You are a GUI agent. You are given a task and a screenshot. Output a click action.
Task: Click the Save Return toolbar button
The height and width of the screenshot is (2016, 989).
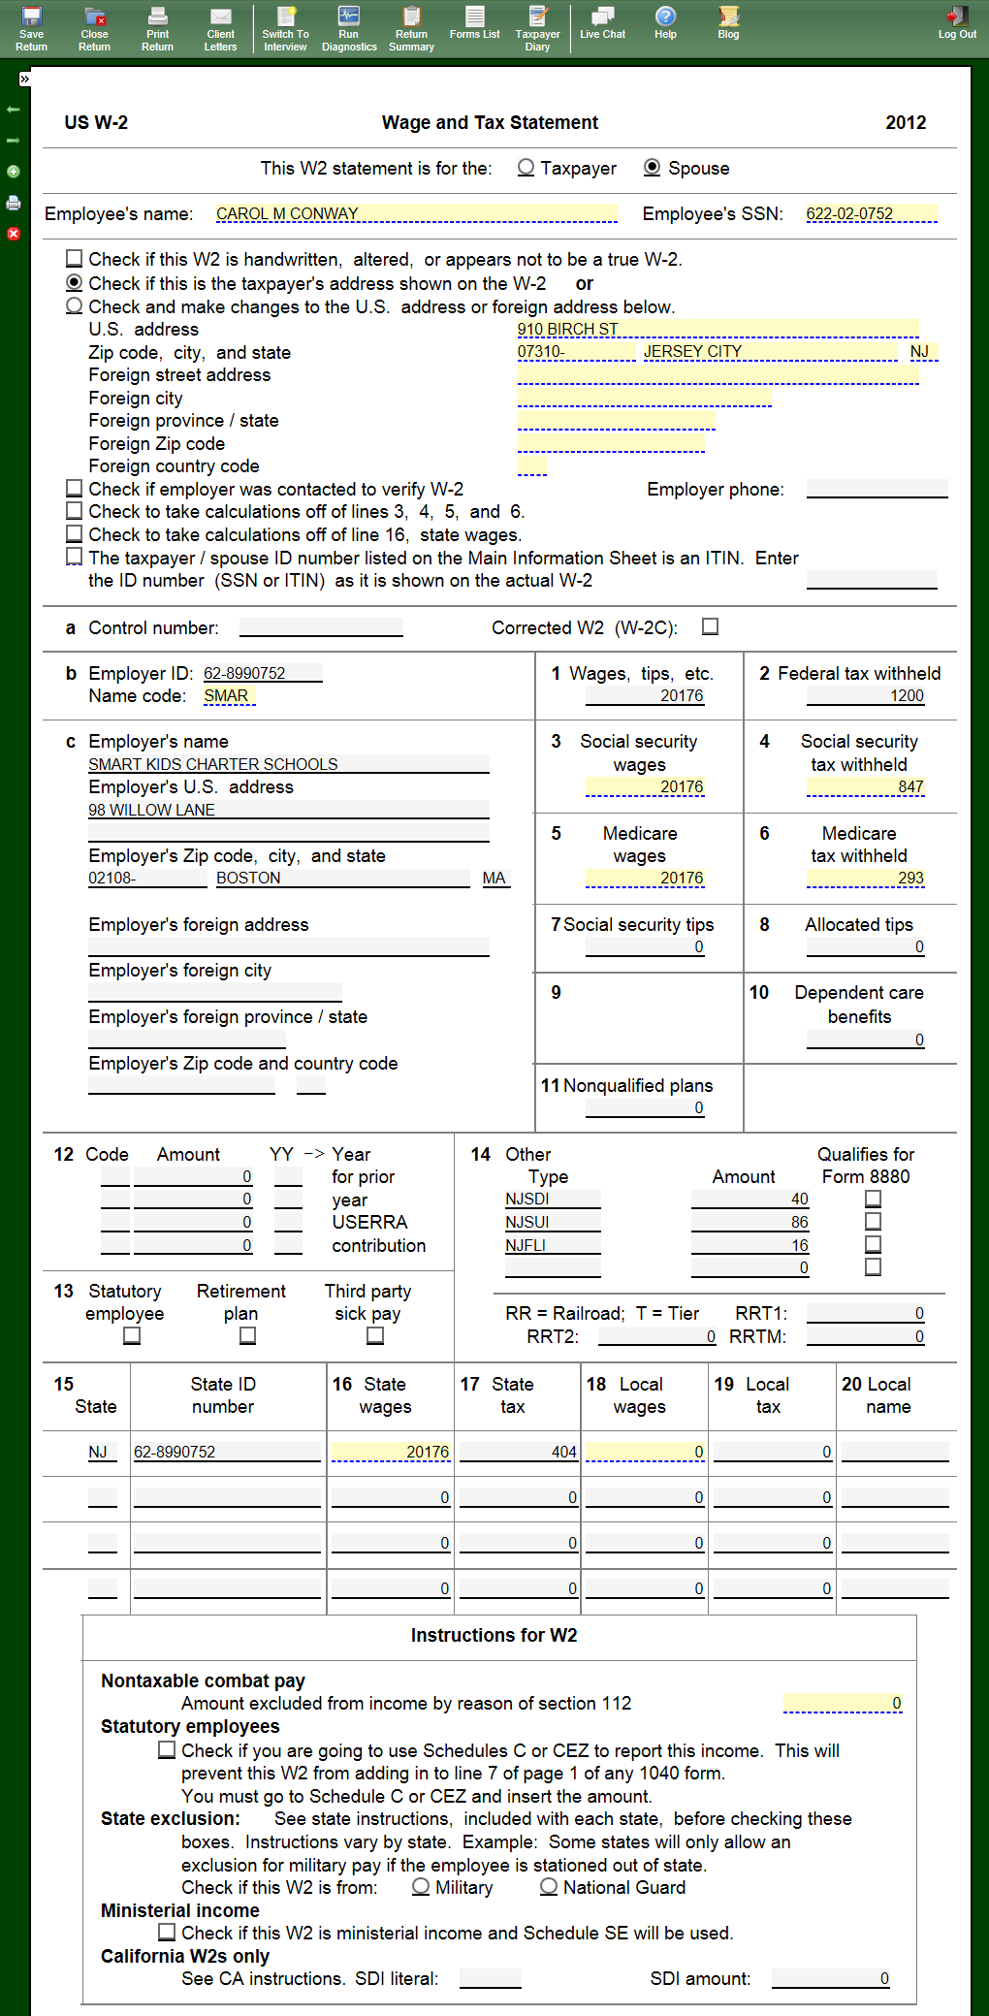(31, 28)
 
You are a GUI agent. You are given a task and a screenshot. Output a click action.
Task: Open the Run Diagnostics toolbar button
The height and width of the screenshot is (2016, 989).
(349, 28)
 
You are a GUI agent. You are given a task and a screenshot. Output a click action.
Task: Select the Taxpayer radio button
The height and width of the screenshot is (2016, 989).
(526, 168)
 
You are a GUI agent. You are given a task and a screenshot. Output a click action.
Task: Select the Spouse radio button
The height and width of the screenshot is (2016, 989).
(653, 168)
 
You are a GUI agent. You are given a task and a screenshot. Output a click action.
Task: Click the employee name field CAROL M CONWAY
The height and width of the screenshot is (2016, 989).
(416, 213)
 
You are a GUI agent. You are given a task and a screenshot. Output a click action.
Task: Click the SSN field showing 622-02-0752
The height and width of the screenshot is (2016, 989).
(871, 213)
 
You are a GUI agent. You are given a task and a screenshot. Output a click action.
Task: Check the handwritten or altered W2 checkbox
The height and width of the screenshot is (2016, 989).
(75, 259)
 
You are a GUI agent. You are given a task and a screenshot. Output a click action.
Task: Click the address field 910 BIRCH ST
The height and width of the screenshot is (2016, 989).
(718, 329)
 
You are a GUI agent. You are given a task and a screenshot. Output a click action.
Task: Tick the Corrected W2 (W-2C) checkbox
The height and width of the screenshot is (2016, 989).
(711, 627)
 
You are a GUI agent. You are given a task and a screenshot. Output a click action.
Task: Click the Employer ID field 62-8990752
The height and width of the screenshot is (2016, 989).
(262, 673)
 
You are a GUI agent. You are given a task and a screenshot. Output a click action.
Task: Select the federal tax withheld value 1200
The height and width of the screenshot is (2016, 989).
(865, 695)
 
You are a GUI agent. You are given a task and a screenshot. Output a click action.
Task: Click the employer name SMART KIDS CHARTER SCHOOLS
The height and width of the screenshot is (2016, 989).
(288, 764)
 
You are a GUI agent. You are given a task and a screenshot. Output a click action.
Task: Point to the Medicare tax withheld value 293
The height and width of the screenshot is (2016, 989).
(865, 878)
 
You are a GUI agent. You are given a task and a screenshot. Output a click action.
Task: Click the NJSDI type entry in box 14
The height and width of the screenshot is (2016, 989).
(552, 1199)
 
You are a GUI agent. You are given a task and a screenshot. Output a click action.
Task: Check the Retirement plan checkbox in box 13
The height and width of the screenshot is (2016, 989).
(248, 1336)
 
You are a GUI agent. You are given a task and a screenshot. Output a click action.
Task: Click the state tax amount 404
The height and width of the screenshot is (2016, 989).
(519, 1452)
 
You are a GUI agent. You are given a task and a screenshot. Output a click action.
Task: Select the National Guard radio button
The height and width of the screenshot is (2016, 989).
(549, 1887)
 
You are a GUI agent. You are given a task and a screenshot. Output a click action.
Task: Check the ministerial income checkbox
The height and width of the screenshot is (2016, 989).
(167, 1933)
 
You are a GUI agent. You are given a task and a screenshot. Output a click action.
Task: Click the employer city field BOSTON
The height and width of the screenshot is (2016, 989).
(342, 878)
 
